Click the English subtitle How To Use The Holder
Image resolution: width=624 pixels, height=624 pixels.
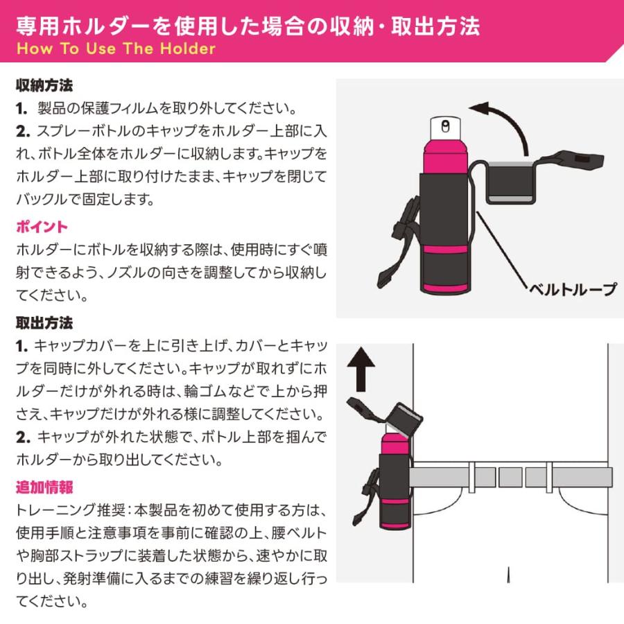click(115, 49)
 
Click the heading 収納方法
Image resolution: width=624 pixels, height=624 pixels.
click(44, 87)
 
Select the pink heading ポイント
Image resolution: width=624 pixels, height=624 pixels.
click(42, 227)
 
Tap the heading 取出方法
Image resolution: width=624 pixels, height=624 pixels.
click(44, 323)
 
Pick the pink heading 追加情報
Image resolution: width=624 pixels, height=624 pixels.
click(44, 487)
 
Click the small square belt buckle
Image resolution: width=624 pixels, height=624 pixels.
click(510, 477)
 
